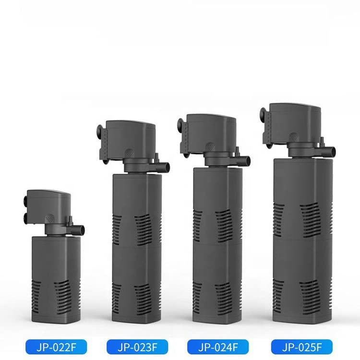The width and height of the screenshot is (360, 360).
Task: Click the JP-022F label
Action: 56,347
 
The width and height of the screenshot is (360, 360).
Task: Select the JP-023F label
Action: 137,347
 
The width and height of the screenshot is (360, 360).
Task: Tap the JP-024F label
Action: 218,347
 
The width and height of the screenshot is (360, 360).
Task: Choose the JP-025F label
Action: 302,347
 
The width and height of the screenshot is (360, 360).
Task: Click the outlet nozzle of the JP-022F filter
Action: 79,229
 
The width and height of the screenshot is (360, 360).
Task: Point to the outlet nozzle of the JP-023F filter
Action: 164,166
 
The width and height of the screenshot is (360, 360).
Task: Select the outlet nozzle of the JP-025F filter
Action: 329,151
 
